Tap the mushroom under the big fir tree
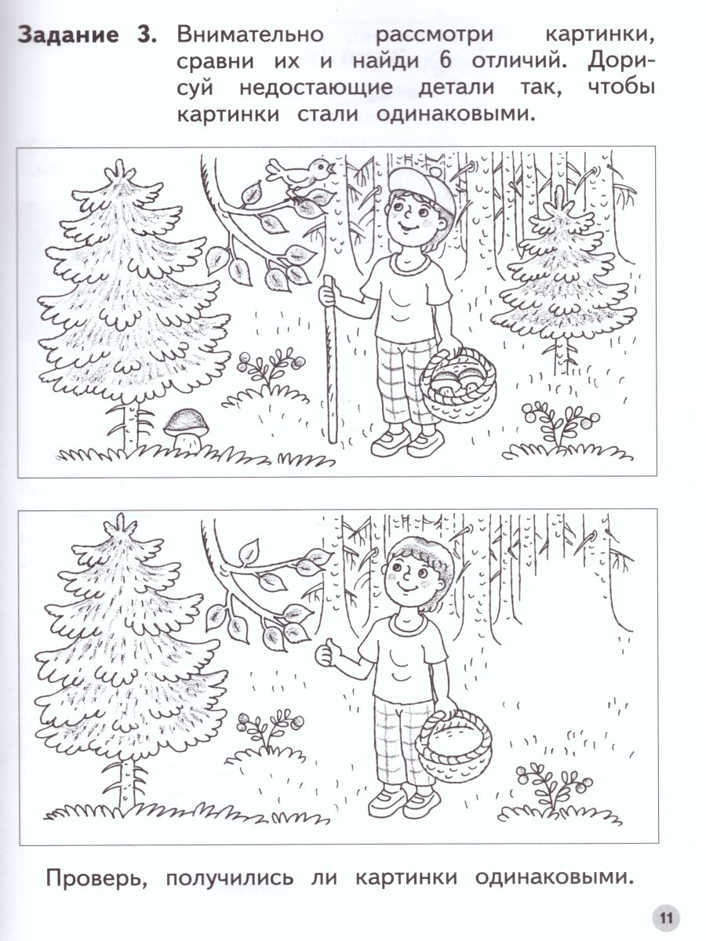[187, 427]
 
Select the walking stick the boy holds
[330, 359]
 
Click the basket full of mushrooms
[458, 383]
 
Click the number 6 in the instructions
[446, 60]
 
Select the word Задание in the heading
[67, 35]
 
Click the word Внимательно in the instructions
[250, 35]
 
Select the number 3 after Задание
[145, 35]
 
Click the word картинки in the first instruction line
[600, 35]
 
